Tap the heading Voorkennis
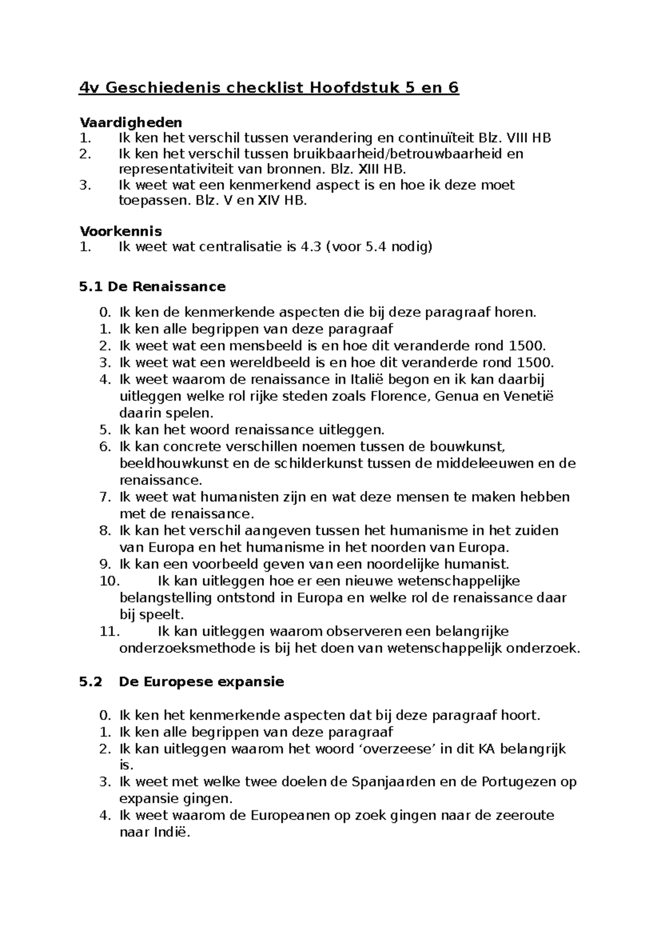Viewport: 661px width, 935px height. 121,231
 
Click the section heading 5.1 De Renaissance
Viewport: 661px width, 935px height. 153,287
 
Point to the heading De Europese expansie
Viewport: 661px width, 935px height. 201,682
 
